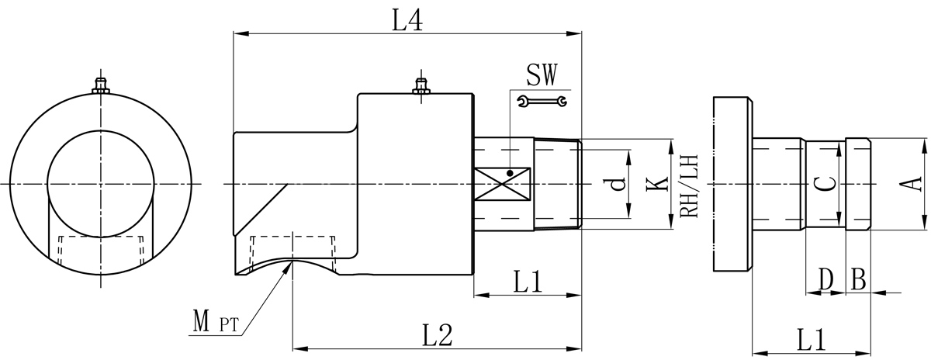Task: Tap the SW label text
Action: point(540,74)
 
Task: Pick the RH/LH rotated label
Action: point(688,185)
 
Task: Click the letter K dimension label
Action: point(656,184)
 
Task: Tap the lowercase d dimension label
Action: point(616,184)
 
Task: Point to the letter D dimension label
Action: point(826,277)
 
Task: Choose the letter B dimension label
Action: point(858,277)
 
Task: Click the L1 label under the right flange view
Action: point(810,338)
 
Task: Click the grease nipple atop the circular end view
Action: point(99,85)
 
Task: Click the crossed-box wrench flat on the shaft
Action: point(503,185)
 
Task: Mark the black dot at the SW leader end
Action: point(510,172)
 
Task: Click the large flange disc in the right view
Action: point(732,184)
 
